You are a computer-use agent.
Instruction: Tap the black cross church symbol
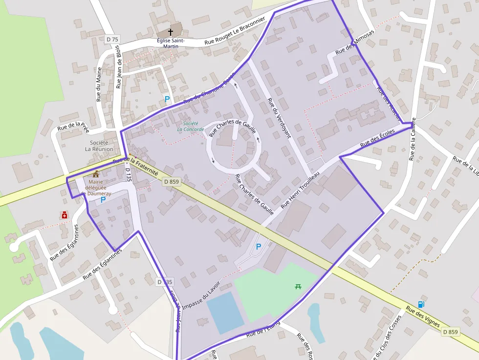point(171,32)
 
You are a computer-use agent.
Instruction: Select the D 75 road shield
point(112,39)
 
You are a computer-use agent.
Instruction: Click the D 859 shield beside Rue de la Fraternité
point(172,182)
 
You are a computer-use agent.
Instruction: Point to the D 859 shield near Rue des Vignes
point(450,332)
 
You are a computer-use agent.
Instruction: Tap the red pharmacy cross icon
point(64,215)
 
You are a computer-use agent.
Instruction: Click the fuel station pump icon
point(421,304)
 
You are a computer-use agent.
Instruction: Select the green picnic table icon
point(298,286)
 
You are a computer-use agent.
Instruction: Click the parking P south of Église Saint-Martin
point(167,99)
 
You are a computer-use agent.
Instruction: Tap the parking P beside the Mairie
point(103,199)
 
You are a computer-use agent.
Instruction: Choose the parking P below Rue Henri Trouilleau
point(259,247)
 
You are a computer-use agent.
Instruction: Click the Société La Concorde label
point(188,127)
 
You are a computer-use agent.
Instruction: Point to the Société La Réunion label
point(99,146)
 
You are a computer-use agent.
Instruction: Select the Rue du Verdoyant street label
point(279,118)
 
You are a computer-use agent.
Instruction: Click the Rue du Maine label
point(99,84)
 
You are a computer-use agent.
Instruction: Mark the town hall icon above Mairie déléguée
point(95,174)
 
